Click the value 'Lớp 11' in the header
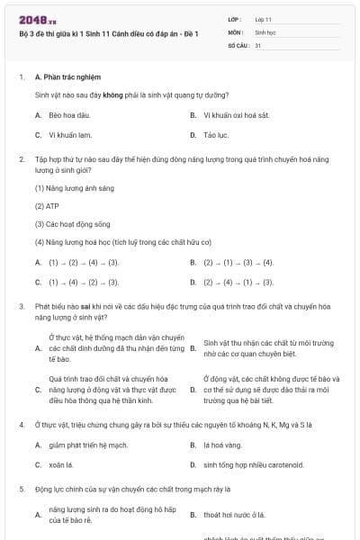pyautogui.click(x=264, y=18)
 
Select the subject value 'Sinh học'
pyautogui.click(x=265, y=31)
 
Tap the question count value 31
pyautogui.click(x=258, y=44)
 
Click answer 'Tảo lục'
pyautogui.click(x=216, y=135)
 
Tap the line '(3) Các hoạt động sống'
pyautogui.click(x=72, y=223)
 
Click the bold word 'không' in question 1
pyautogui.click(x=112, y=94)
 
